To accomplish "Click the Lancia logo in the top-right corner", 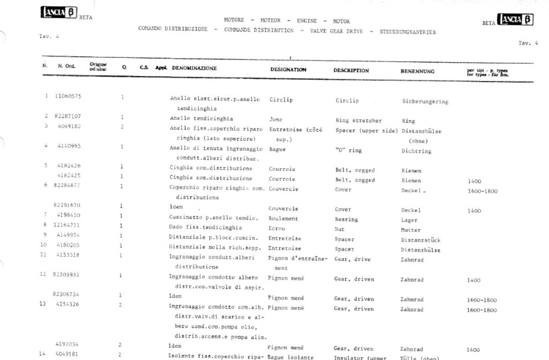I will (516, 20).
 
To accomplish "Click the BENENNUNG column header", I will (417, 71).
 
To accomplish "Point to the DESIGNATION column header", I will (288, 70).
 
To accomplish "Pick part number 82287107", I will (68, 116).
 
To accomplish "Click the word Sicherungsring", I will (425, 101).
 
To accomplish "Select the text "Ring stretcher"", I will (358, 121).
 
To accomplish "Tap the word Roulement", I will (283, 219).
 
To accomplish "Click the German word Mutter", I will (410, 229).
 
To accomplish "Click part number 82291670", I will (68, 205).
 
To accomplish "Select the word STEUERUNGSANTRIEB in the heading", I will (407, 32).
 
